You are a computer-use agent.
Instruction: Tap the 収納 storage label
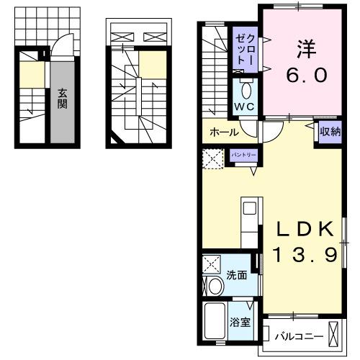click(x=330, y=132)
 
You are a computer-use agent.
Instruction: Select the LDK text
click(x=305, y=230)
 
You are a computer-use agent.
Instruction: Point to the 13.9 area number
click(x=305, y=255)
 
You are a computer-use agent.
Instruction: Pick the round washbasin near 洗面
click(x=214, y=287)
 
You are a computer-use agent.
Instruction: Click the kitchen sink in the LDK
click(x=248, y=209)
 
